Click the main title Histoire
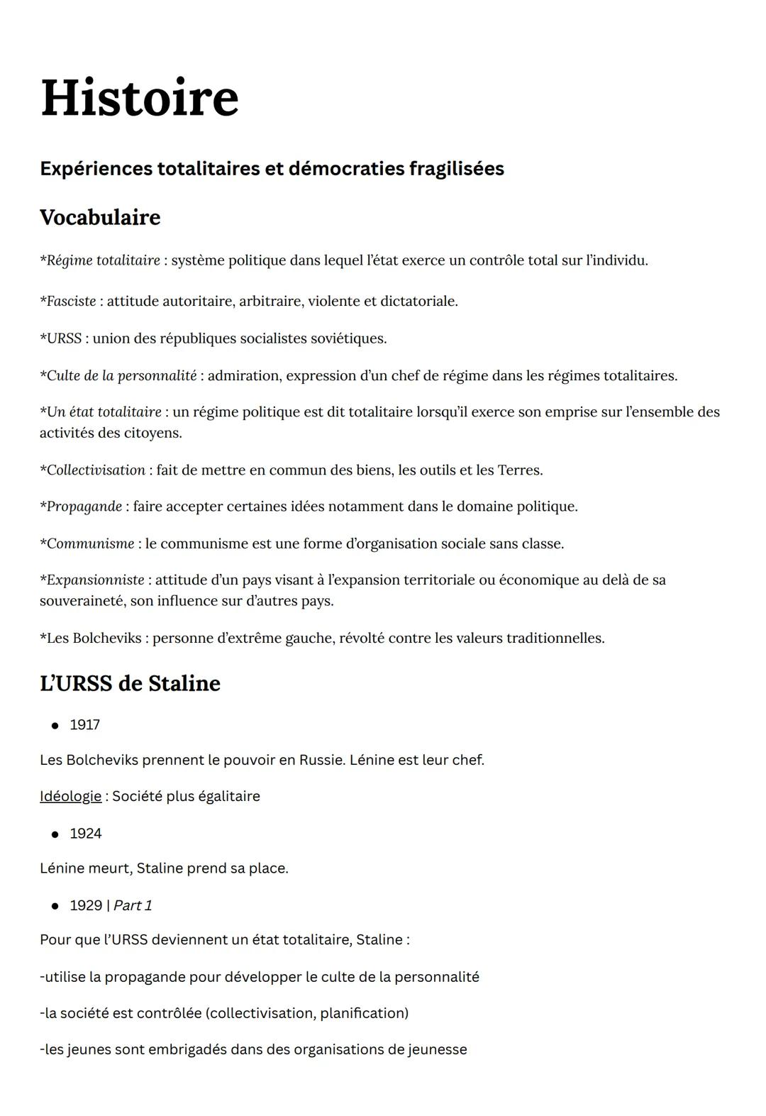click(139, 99)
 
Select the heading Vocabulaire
click(100, 217)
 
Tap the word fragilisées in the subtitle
click(456, 169)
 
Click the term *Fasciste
click(68, 302)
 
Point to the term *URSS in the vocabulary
click(61, 338)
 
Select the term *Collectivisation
click(93, 470)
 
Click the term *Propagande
click(81, 507)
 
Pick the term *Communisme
click(87, 544)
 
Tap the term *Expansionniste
click(92, 580)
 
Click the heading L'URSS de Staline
click(130, 683)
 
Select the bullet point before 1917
click(55, 726)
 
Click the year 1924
click(85, 834)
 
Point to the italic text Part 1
click(133, 906)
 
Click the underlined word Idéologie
click(70, 797)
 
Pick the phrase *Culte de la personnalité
click(118, 376)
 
